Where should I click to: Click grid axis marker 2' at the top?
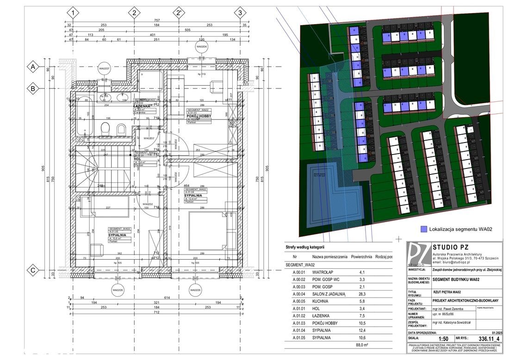tap(178, 13)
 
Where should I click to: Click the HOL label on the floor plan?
tap(137, 159)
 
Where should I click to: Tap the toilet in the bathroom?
tap(121, 128)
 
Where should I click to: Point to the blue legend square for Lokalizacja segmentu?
tap(423, 229)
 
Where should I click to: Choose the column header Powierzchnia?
tap(362, 256)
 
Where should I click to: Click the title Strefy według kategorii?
tap(305, 247)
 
